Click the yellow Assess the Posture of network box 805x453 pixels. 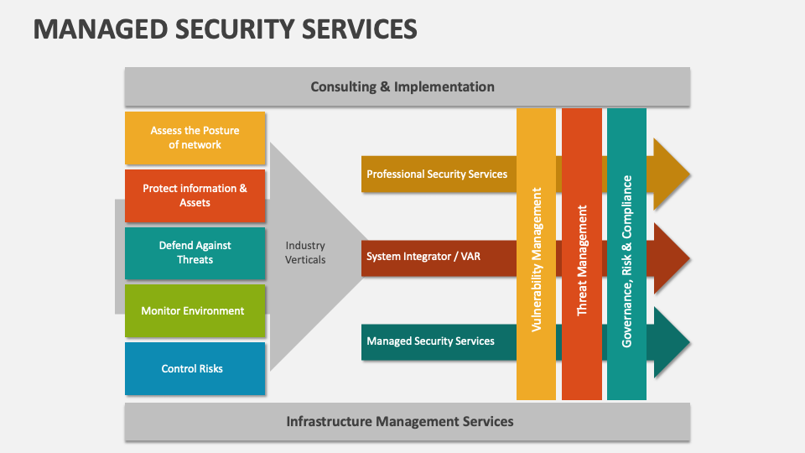click(195, 138)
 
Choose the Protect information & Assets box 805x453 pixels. click(195, 195)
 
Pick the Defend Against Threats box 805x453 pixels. click(195, 253)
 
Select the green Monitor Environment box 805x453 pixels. click(195, 310)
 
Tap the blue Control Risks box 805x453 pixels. click(195, 368)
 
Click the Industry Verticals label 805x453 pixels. click(305, 253)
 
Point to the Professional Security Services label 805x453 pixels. click(437, 174)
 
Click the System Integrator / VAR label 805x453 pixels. click(423, 257)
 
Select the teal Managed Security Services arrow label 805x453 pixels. click(430, 341)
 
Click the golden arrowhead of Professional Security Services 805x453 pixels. click(671, 174)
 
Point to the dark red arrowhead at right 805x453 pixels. click(671, 258)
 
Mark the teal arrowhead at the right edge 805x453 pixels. click(671, 342)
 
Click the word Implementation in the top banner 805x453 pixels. click(444, 86)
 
